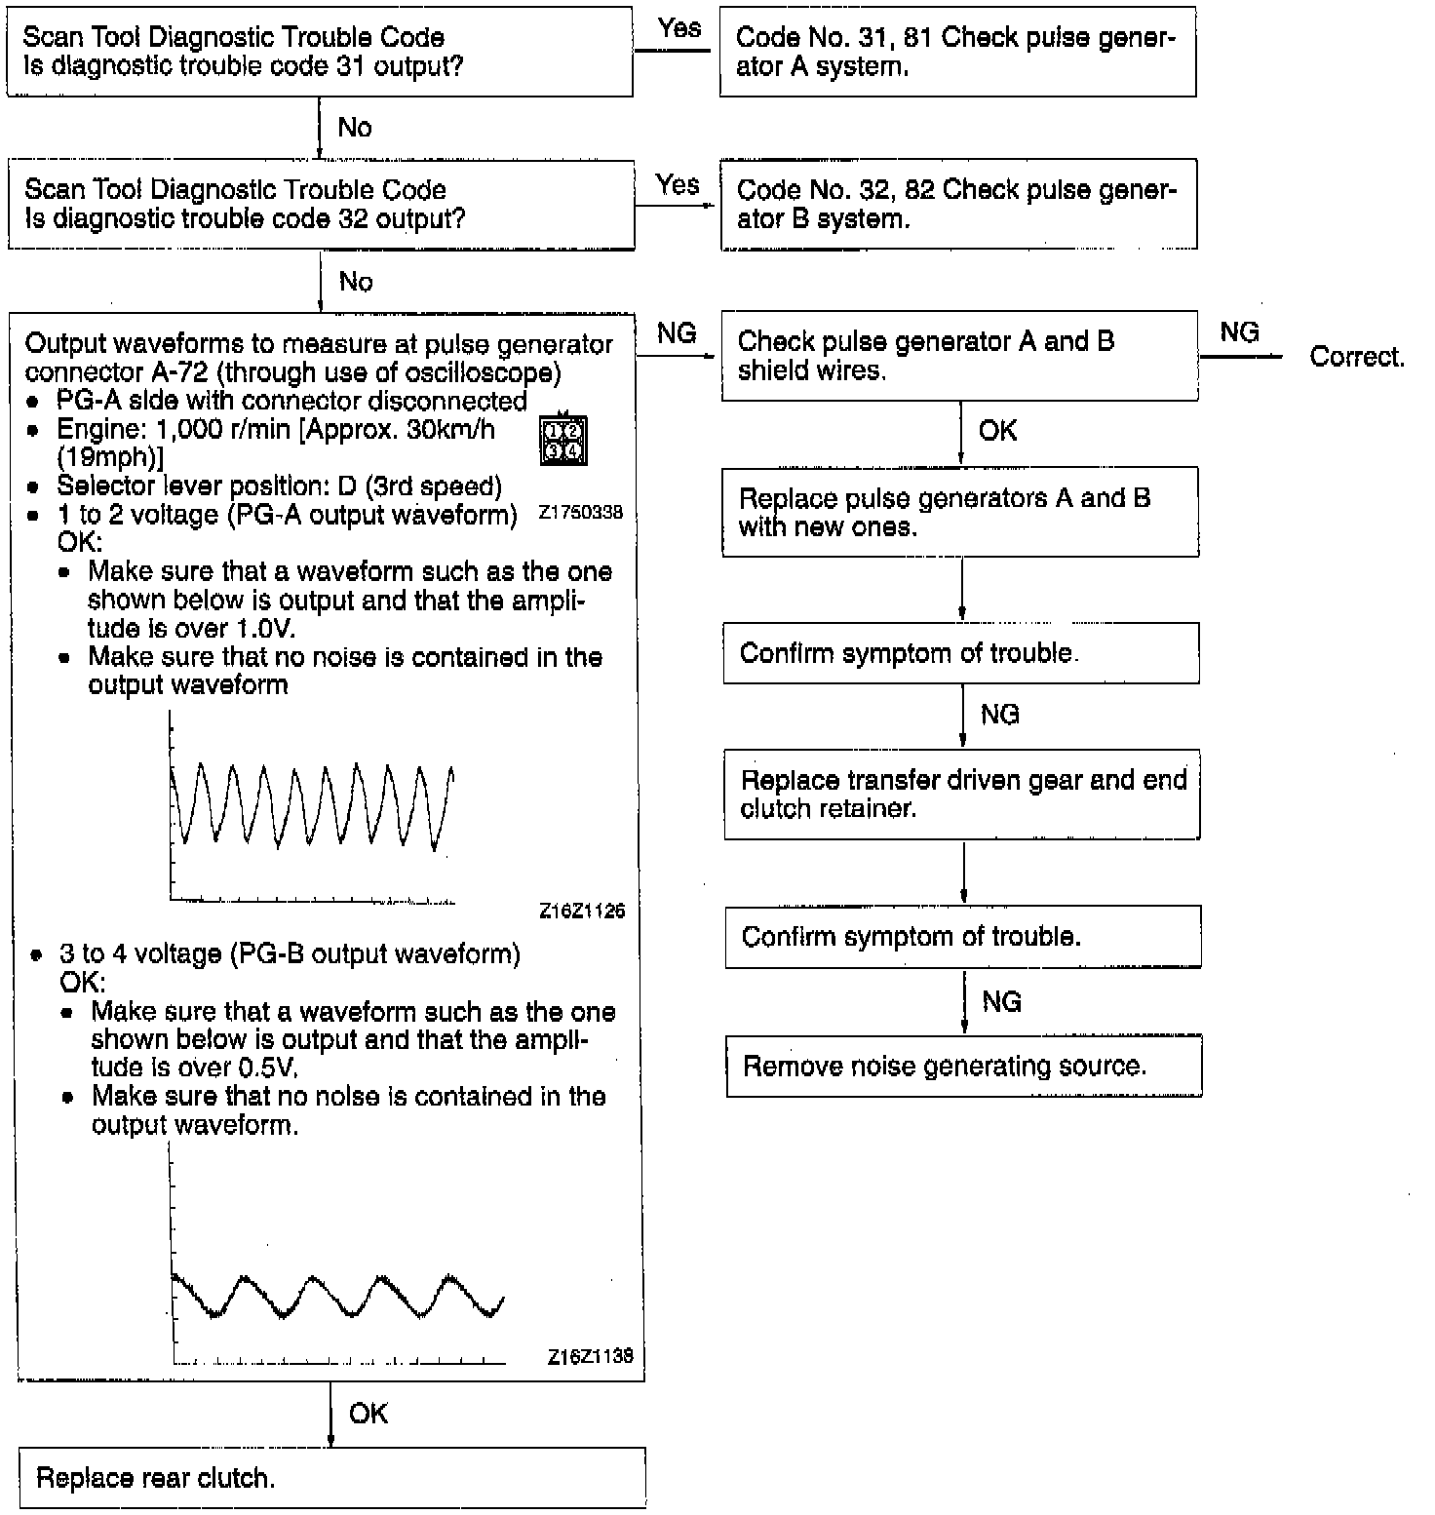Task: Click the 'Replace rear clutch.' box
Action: (x=331, y=1478)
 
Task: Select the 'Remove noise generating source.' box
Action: (x=963, y=1067)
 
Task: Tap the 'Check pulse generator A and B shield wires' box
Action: (x=959, y=356)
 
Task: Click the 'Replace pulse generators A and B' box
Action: (x=960, y=513)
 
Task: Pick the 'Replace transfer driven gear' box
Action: (x=962, y=795)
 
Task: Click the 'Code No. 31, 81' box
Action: (x=957, y=52)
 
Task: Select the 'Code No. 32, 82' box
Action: (x=958, y=205)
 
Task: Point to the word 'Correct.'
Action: (x=1356, y=357)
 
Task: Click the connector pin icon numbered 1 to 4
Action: (x=563, y=441)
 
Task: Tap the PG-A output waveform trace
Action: (x=312, y=804)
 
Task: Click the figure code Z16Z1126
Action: (x=582, y=912)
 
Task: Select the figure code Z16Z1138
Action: (x=590, y=1356)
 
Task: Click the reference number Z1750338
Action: (x=580, y=513)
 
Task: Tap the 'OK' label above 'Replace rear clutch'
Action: (x=368, y=1414)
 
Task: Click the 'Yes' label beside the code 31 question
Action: (x=679, y=28)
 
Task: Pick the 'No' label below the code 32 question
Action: (x=356, y=282)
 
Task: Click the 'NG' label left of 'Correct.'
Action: (x=1239, y=332)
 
